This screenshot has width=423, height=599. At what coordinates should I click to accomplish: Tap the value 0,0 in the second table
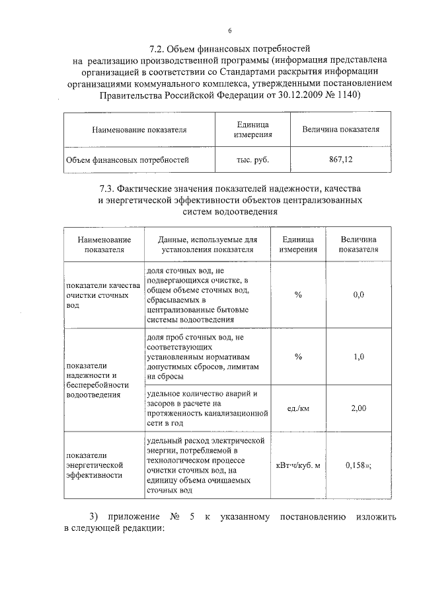tap(358, 294)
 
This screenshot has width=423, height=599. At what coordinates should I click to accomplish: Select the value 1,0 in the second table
tap(358, 357)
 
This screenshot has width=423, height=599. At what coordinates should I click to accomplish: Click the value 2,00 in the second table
tap(358, 408)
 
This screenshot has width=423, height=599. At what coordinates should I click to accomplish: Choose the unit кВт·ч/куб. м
tap(298, 465)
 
